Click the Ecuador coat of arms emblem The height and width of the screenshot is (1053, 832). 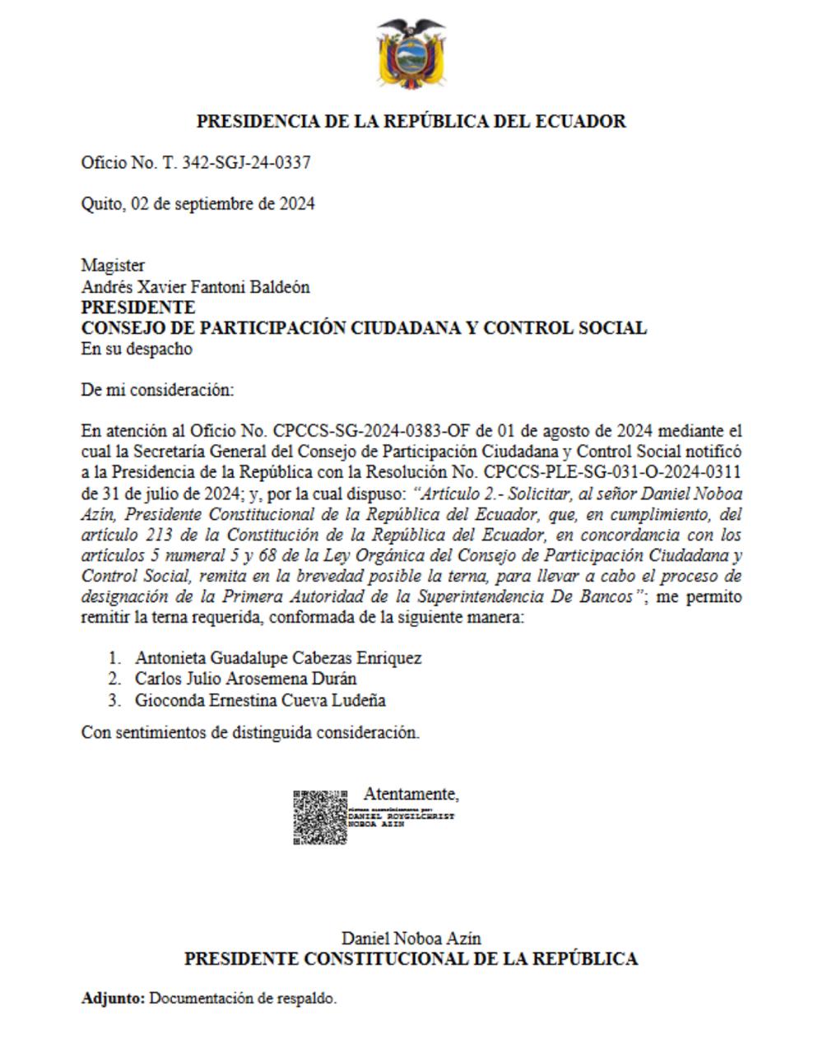click(411, 54)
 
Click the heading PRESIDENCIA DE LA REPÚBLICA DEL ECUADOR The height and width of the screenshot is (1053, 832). click(411, 121)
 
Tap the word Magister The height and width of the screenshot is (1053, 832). click(113, 266)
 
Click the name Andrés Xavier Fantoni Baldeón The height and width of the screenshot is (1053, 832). click(195, 287)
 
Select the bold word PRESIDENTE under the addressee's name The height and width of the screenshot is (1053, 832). click(137, 308)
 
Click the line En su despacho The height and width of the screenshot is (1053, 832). click(136, 349)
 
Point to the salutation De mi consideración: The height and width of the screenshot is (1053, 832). click(157, 390)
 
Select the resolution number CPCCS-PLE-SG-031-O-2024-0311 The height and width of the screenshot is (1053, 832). click(612, 472)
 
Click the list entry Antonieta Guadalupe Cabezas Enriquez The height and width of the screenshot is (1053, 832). click(278, 658)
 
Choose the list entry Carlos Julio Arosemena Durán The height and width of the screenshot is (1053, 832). click(245, 679)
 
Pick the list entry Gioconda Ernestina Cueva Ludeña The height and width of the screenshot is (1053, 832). click(260, 700)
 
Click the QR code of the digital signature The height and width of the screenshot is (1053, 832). click(320, 817)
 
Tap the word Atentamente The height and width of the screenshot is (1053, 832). click(411, 794)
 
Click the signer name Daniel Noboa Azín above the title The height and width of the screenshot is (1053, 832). click(411, 938)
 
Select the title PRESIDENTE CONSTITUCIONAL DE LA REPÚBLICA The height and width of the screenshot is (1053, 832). click(411, 959)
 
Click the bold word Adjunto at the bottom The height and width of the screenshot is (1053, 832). click(113, 999)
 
